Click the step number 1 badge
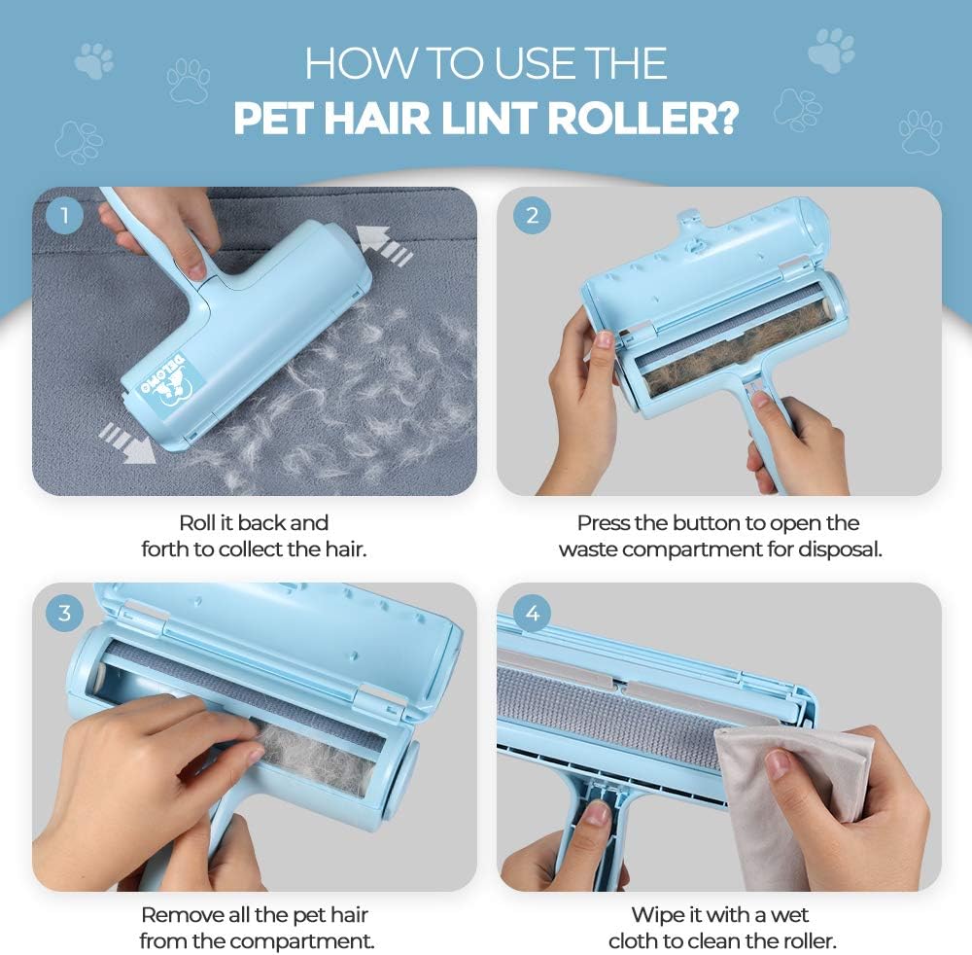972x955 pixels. click(x=64, y=215)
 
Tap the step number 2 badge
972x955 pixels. click(x=531, y=215)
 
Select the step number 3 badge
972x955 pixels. click(x=64, y=612)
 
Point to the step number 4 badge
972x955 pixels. click(x=531, y=612)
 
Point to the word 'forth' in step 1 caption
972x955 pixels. click(x=165, y=548)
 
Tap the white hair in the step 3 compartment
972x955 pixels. click(x=311, y=750)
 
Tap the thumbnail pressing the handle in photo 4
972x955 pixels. click(x=597, y=815)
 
